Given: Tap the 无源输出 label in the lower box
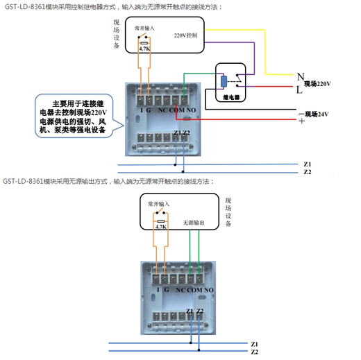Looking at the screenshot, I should (194, 223).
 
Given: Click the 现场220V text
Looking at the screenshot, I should (317, 83).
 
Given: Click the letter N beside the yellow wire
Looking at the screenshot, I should (300, 76).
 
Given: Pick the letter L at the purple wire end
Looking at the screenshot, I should (300, 89).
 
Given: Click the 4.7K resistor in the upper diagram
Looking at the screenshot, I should (144, 49).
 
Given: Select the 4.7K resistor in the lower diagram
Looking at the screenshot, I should (160, 226).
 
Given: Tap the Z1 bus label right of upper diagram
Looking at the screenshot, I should (308, 164).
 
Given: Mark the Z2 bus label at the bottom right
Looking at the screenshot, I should (254, 352).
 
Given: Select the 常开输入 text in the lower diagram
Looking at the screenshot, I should (158, 205).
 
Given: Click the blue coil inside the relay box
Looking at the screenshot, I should (223, 81).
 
